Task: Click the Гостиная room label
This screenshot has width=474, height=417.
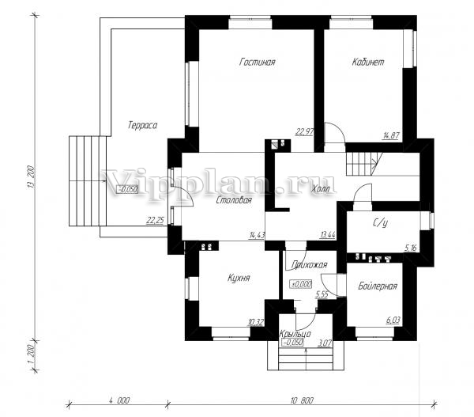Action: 258,62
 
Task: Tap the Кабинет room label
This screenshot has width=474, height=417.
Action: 368,62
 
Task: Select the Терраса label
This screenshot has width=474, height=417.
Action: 142,125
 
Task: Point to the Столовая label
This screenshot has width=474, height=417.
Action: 234,200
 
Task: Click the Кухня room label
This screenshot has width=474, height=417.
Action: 239,278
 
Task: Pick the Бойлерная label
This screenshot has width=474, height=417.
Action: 378,286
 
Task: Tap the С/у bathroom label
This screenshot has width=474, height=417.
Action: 380,223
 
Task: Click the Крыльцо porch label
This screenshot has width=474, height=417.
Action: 295,334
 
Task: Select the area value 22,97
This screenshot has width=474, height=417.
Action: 304,131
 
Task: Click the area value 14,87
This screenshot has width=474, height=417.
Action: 392,135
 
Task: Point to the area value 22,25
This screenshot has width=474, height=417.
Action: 155,221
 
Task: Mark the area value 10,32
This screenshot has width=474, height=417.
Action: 256,323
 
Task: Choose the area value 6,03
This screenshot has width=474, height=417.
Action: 393,320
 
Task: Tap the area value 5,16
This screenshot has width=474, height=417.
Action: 411,248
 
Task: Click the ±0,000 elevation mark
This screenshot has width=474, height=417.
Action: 301,284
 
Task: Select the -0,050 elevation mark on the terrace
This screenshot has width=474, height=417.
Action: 127,189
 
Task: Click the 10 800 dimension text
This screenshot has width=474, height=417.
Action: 302,400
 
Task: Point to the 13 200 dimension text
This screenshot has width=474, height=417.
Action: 32,176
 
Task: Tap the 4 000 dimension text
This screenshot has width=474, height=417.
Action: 119,400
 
